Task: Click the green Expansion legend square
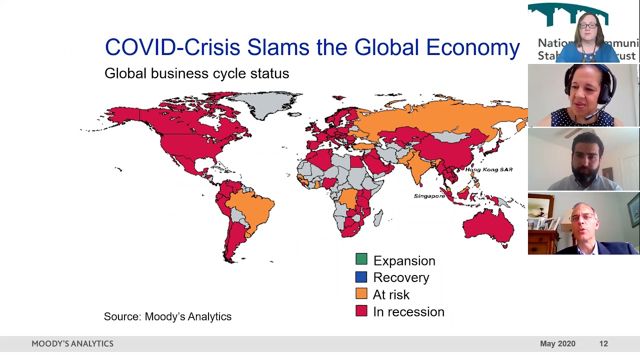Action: tap(361, 259)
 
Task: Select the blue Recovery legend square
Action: tap(361, 277)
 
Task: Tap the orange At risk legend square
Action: tap(361, 294)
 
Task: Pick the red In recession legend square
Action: tap(361, 311)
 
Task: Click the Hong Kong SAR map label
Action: tap(488, 170)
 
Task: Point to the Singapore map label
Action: tap(429, 196)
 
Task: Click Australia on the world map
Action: tap(487, 227)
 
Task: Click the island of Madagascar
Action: tap(379, 217)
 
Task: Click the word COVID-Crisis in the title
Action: tap(172, 47)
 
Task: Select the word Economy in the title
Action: tap(472, 47)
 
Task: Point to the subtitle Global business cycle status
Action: tap(196, 73)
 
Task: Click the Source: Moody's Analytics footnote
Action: tap(167, 316)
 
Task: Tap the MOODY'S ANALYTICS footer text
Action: tap(72, 344)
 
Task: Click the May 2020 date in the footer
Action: tap(557, 344)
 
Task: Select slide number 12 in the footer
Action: tap(603, 344)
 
